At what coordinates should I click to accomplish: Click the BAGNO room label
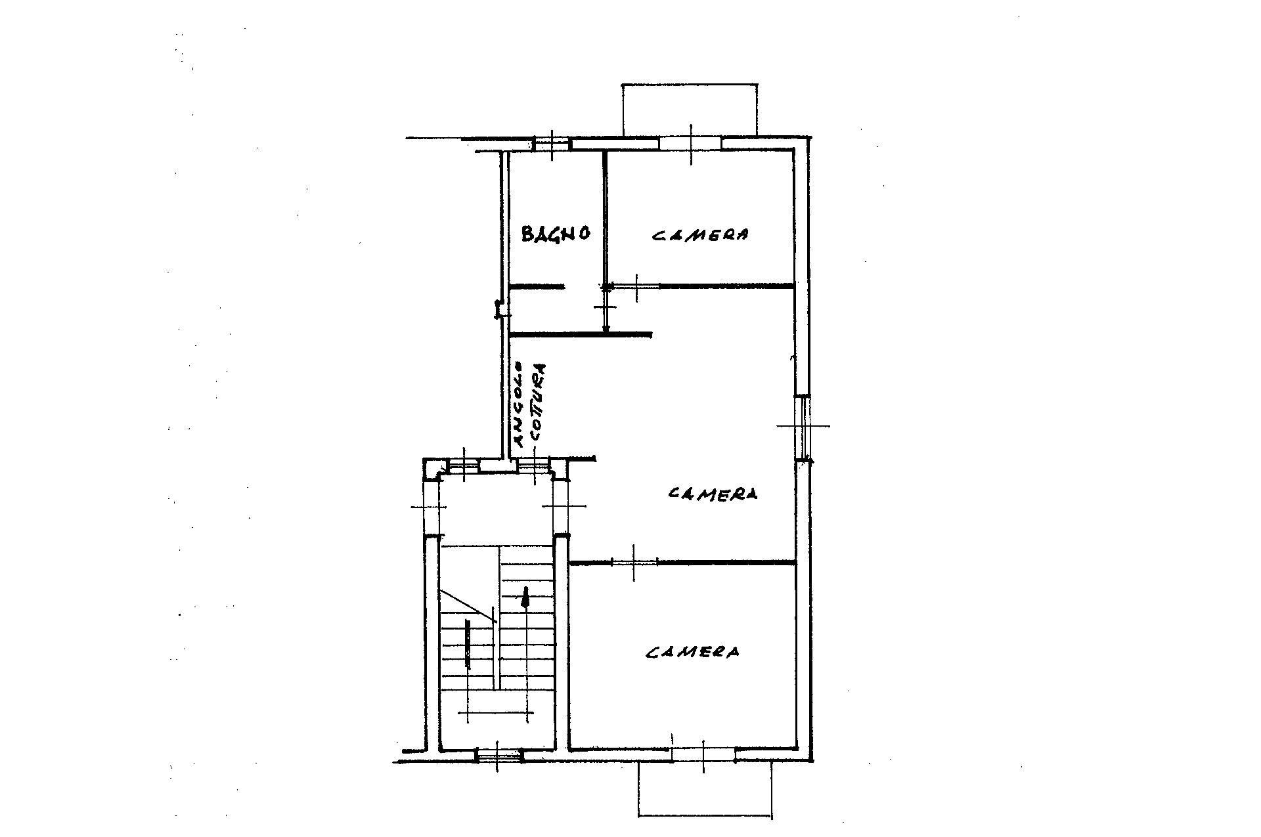(x=556, y=234)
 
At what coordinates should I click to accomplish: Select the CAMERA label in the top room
(x=700, y=234)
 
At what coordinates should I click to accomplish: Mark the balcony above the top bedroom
(x=690, y=110)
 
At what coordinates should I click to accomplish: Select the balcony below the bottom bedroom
(x=705, y=790)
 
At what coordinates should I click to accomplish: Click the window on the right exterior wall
(x=803, y=427)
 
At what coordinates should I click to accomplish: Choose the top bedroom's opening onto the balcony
(x=690, y=143)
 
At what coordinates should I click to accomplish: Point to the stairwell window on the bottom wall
(x=498, y=756)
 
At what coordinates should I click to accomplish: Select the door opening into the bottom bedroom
(x=634, y=562)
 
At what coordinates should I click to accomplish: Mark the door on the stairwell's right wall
(x=561, y=506)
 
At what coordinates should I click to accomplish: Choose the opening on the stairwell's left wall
(x=431, y=507)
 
